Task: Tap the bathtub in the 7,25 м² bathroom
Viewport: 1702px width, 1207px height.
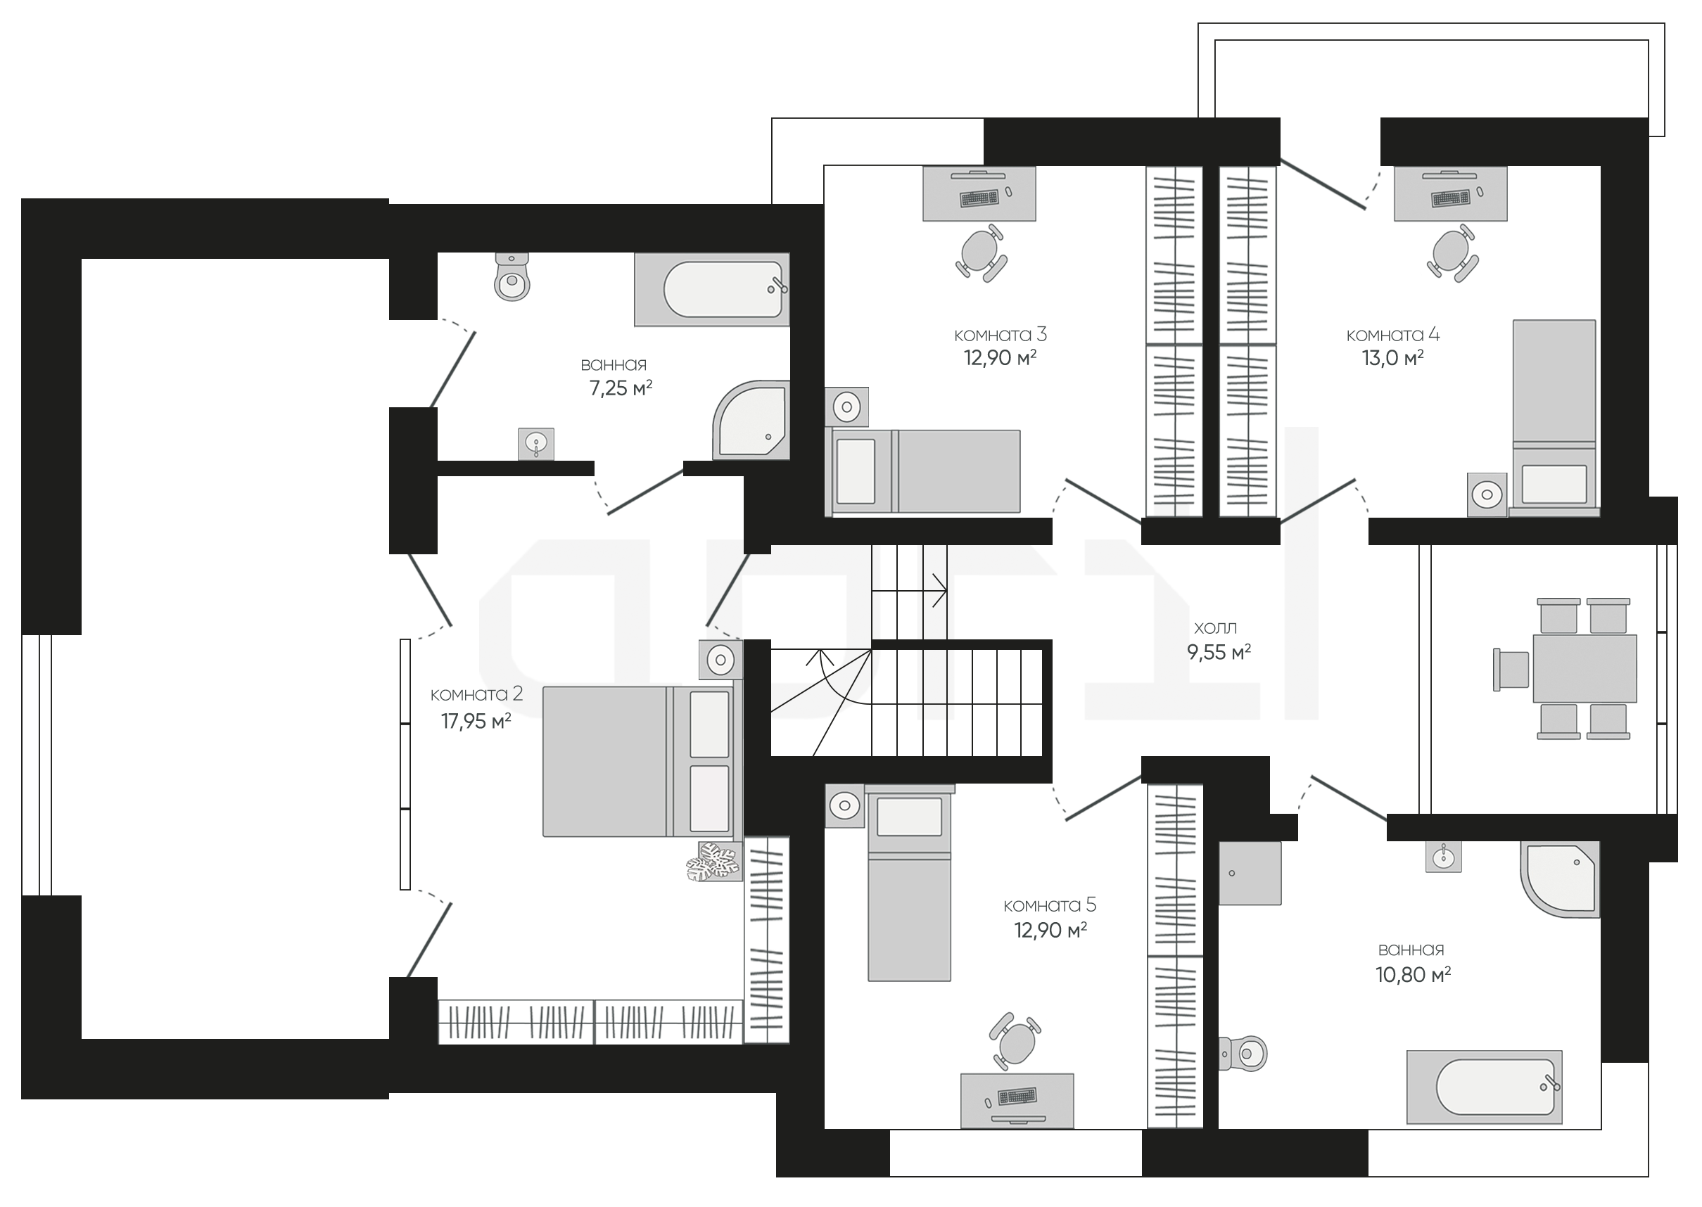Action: [711, 289]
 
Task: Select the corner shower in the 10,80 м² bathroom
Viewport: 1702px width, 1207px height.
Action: [1559, 879]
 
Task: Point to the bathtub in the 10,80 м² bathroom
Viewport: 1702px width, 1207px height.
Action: [1484, 1087]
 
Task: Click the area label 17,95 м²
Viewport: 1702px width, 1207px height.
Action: [476, 721]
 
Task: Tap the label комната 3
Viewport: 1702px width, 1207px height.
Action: [1001, 334]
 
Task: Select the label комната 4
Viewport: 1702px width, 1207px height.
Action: [1393, 334]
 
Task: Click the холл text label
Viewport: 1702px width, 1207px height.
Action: [1215, 629]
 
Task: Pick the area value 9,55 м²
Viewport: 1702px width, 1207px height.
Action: [1219, 652]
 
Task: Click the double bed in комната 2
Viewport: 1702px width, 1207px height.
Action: [642, 762]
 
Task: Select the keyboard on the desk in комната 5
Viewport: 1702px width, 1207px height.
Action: [1017, 1097]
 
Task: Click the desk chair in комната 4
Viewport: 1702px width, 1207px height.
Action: [1452, 253]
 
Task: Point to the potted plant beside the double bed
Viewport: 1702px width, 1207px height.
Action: [713, 862]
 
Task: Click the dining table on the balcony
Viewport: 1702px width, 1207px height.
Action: [1584, 668]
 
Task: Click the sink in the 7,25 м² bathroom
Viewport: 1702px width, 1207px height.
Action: [536, 444]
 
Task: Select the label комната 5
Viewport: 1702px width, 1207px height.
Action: [1050, 905]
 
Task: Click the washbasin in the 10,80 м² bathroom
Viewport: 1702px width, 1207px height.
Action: [1443, 856]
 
